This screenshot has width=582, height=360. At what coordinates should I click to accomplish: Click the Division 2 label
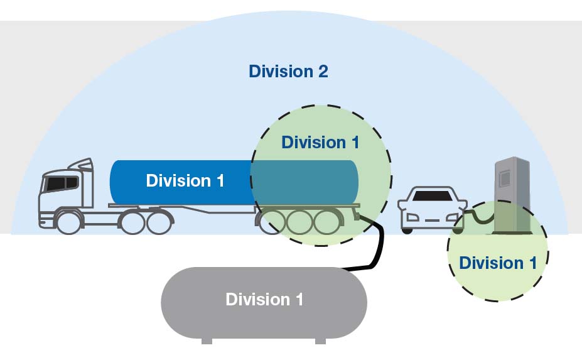(x=288, y=71)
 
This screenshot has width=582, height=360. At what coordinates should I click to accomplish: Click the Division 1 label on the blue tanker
(x=185, y=181)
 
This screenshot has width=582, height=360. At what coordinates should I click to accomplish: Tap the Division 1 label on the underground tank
(x=264, y=299)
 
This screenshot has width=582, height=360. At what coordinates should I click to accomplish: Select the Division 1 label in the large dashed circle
(x=320, y=142)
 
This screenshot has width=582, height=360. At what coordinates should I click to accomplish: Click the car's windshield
(x=433, y=195)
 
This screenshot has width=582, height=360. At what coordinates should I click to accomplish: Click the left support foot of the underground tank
(x=207, y=341)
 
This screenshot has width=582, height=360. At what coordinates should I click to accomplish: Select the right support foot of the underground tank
(x=320, y=341)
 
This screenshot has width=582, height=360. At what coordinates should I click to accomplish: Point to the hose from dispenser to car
(x=480, y=218)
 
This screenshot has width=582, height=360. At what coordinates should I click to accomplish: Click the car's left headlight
(x=411, y=217)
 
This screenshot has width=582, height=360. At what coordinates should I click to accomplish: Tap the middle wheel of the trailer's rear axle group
(x=298, y=222)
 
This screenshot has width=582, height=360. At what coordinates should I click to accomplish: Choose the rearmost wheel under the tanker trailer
(x=326, y=222)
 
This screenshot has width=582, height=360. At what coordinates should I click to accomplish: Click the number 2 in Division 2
(x=321, y=71)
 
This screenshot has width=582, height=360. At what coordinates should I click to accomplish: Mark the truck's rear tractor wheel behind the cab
(x=160, y=222)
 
